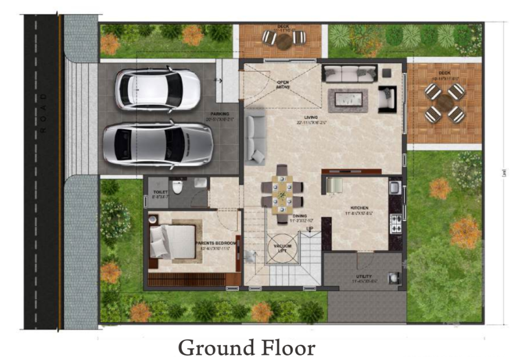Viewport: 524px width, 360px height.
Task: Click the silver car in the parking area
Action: point(157,144)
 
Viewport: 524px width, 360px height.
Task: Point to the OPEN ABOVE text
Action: point(282,85)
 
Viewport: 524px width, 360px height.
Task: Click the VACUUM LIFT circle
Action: point(282,248)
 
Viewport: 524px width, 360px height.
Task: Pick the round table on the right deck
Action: point(445,103)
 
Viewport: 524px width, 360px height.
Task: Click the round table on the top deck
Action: point(284,41)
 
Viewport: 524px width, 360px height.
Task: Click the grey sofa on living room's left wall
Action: point(256,137)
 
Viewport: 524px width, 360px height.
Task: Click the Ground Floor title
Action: point(246,347)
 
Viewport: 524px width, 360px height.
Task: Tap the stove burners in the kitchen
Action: point(396,222)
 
